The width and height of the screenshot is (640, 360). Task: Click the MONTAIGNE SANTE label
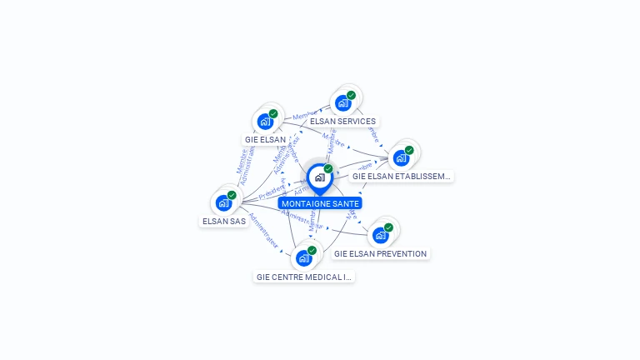pos(320,203)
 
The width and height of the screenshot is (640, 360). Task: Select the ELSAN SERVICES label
pos(342,121)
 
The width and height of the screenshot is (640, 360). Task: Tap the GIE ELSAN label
pos(265,139)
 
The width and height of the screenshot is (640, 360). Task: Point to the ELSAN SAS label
pos(224,221)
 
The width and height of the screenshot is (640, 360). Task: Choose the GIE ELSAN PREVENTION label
pos(380,253)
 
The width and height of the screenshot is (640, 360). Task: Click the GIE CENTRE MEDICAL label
pos(303,277)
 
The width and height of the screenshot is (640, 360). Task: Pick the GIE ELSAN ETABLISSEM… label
pos(401,176)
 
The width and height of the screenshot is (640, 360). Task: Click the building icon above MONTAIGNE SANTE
pos(319,177)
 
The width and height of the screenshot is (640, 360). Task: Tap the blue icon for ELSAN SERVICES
pos(342,103)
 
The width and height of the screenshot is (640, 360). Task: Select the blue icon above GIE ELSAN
pos(265,122)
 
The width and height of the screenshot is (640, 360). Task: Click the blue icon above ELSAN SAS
pos(223,202)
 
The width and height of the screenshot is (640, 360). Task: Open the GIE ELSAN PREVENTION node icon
pos(380,235)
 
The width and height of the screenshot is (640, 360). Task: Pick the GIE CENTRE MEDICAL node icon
pos(303,258)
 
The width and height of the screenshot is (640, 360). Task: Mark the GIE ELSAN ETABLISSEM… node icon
pos(400,158)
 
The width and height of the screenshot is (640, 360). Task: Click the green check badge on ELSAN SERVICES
pos(351,95)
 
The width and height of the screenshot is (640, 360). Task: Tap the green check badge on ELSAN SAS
pos(232,195)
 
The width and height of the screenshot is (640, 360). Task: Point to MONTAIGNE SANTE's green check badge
pos(328,168)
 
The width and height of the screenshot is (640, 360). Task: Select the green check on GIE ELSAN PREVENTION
pos(388,227)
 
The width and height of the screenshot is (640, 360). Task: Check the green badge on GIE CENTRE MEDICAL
pos(312,250)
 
